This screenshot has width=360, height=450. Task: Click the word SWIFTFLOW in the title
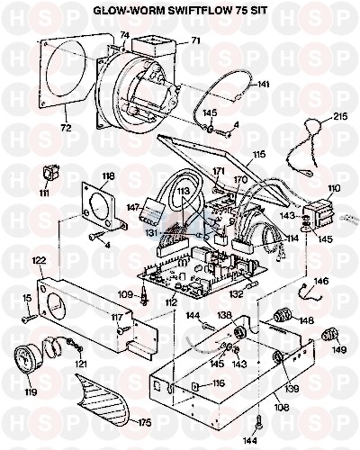click(196, 10)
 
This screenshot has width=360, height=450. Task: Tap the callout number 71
click(195, 40)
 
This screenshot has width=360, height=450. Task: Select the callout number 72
click(67, 128)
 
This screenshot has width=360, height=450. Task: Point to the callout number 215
click(340, 116)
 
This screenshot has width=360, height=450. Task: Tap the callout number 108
click(281, 408)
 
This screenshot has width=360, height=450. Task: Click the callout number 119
click(30, 391)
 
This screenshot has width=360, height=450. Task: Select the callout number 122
click(39, 260)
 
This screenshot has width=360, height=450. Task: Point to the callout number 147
click(133, 207)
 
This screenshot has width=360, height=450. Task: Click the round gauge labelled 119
click(28, 360)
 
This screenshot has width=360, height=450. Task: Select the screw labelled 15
click(29, 319)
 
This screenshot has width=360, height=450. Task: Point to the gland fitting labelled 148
click(282, 317)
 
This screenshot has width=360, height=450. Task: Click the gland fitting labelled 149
click(329, 335)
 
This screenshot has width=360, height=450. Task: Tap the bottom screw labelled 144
click(258, 426)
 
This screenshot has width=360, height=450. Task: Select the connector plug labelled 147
click(151, 212)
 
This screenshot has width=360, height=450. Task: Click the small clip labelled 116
click(195, 386)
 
